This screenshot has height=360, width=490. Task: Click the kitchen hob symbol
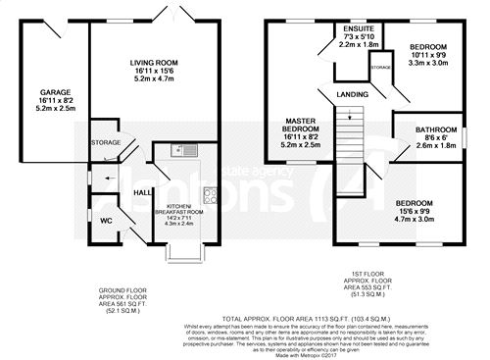(x=182, y=192)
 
